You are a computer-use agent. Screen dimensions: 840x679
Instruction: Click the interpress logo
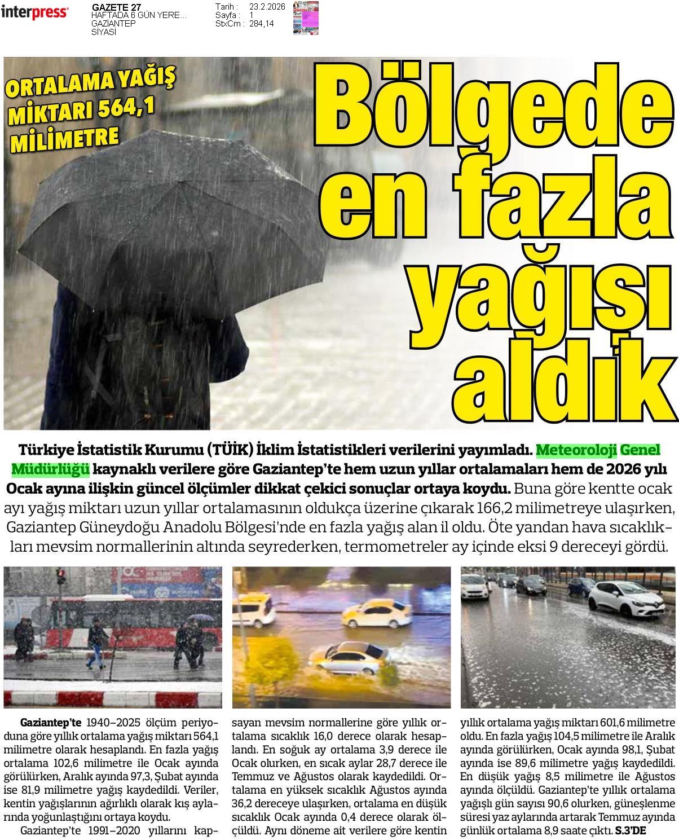click(x=35, y=13)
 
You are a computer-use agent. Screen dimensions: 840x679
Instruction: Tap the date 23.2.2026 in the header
click(x=267, y=6)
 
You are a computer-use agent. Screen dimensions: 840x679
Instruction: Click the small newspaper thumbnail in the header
click(x=305, y=17)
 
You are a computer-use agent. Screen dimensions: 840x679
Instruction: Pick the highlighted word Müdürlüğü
click(x=50, y=469)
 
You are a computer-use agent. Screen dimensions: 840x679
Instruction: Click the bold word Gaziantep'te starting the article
click(x=51, y=723)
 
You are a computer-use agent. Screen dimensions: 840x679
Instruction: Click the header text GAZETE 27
click(x=116, y=7)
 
